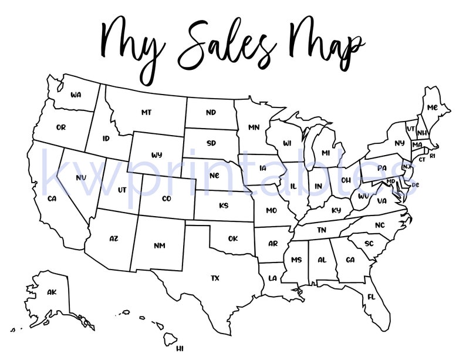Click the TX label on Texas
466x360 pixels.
[x=215, y=278]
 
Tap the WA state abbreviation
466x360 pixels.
[x=75, y=95]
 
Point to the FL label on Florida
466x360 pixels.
[x=371, y=297]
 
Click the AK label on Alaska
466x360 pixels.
[x=52, y=292]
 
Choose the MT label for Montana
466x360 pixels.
[x=147, y=112]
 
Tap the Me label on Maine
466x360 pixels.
[x=432, y=107]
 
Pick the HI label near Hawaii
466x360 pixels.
[x=180, y=348]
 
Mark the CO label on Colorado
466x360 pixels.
[x=166, y=198]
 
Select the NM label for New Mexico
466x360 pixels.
[x=159, y=245]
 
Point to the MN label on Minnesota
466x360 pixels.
[x=254, y=127]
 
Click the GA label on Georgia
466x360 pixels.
[x=350, y=260]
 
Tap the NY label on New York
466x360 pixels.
[x=400, y=143]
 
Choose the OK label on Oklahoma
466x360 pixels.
[x=233, y=238]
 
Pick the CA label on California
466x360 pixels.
[x=52, y=198]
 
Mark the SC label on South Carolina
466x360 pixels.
[x=369, y=243]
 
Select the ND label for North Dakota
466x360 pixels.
[x=211, y=112]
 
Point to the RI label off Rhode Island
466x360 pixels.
[x=433, y=156]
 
